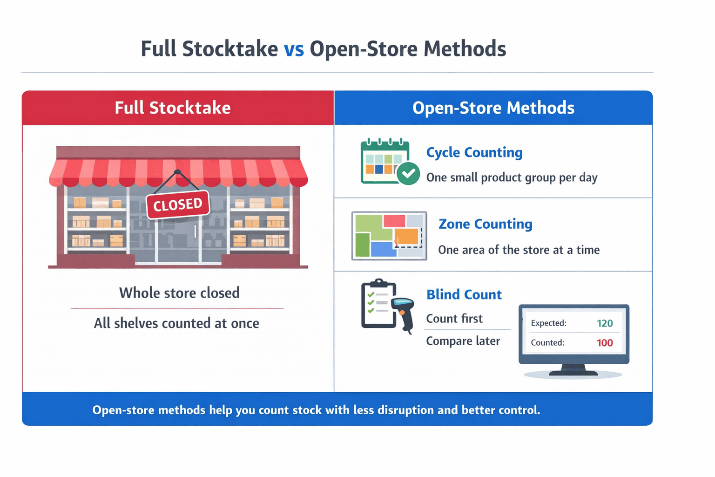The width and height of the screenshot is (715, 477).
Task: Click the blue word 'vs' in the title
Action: [294, 49]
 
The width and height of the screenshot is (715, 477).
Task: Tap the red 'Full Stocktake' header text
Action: [173, 108]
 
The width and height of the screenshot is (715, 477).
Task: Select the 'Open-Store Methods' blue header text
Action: [493, 108]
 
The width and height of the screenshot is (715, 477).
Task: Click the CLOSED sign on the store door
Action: [177, 204]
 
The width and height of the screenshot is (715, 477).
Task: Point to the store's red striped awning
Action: [178, 172]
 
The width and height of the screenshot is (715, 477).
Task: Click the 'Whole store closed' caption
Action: [179, 293]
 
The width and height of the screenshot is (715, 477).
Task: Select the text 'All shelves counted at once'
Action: [176, 323]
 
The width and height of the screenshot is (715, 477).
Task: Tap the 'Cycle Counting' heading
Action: [474, 153]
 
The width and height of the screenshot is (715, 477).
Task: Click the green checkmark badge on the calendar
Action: [408, 173]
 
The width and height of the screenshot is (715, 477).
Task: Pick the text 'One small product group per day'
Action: [512, 178]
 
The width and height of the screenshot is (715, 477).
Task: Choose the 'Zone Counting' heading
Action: [485, 224]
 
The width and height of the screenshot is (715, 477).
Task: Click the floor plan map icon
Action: [389, 236]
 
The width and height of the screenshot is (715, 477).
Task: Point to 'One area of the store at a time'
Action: [519, 250]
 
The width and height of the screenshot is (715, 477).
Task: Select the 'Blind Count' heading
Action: [464, 295]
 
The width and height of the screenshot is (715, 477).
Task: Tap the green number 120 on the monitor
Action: [604, 323]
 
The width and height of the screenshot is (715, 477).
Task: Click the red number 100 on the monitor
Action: [604, 343]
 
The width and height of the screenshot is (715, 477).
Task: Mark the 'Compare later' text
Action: [463, 341]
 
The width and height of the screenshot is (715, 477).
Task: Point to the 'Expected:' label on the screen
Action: [548, 323]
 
